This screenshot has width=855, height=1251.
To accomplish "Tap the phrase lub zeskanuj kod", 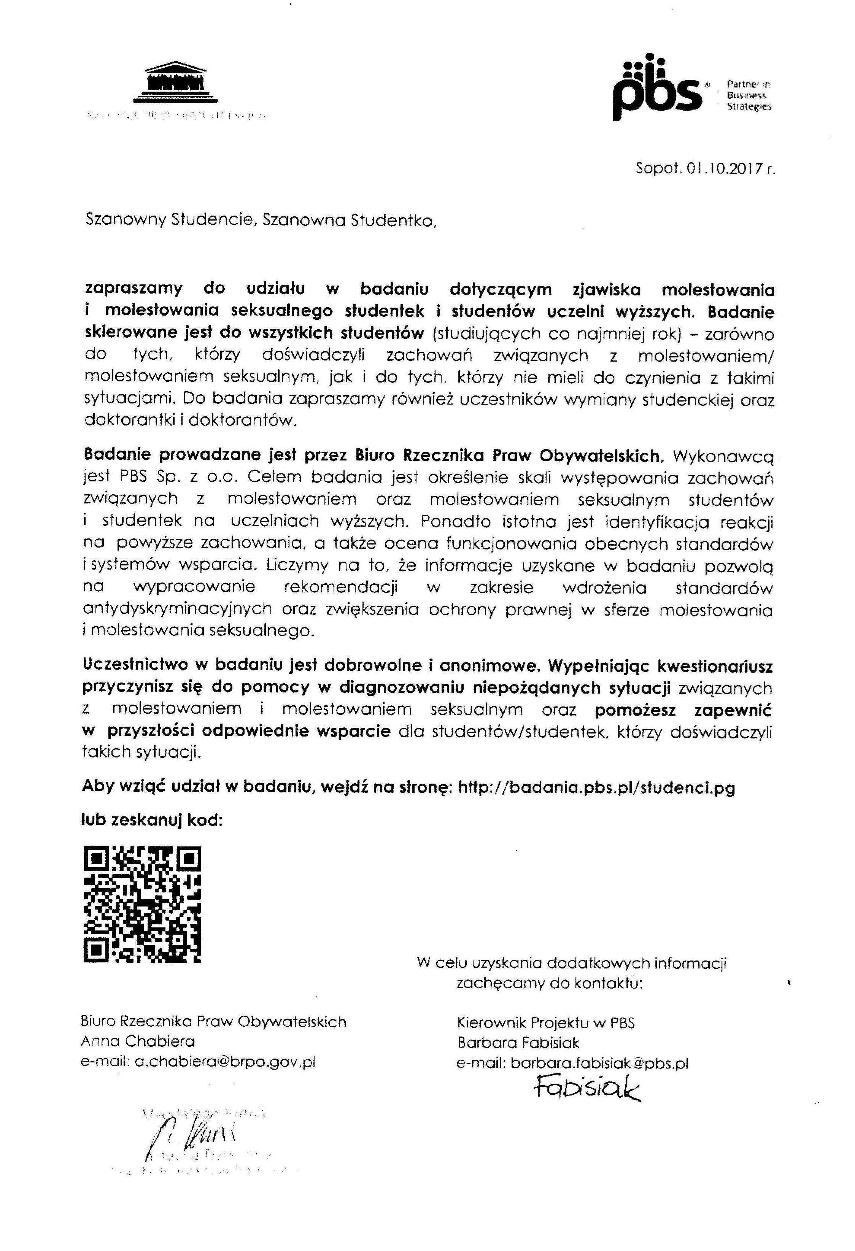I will tap(152, 820).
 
